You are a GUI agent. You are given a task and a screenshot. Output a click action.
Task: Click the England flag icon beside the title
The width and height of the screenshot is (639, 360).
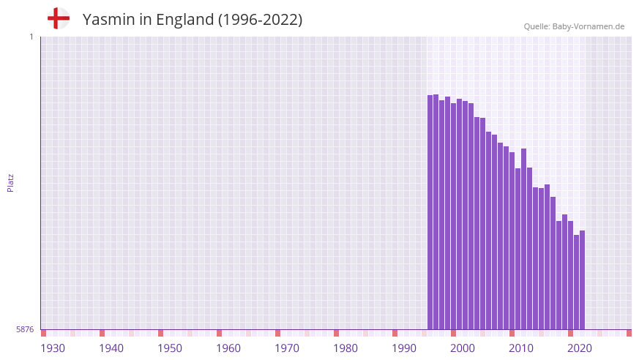(x=59, y=19)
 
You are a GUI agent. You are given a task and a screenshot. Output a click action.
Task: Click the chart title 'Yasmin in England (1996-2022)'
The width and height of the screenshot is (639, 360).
(x=193, y=20)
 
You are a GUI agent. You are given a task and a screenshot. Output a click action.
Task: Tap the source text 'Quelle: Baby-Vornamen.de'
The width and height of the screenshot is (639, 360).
(x=574, y=26)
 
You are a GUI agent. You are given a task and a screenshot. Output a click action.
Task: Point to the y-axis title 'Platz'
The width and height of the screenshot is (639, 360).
(x=10, y=183)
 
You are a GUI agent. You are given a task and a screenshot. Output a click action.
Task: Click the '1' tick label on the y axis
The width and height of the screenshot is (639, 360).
(x=31, y=37)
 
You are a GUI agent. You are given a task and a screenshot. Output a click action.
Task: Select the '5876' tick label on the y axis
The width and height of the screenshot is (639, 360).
(x=25, y=330)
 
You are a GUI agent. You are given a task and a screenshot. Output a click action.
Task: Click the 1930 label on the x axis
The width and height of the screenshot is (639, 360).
(x=53, y=348)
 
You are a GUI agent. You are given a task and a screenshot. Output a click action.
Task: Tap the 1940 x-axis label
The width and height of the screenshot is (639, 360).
(x=111, y=348)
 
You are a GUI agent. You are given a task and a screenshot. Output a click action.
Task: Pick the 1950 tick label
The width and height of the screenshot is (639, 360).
(x=170, y=348)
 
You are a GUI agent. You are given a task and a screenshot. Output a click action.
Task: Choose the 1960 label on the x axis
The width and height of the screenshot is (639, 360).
(x=228, y=348)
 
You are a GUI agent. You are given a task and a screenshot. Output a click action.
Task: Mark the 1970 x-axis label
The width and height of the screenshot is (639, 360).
(x=287, y=348)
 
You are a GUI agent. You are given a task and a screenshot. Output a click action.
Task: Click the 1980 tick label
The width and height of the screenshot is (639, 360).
(x=345, y=348)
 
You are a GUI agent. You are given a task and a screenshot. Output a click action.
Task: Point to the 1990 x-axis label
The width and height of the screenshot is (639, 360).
(x=404, y=348)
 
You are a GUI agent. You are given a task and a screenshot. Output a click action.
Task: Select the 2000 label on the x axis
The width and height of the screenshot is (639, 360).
(x=463, y=348)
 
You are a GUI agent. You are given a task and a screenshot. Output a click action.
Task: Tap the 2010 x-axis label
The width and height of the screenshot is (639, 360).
(x=521, y=348)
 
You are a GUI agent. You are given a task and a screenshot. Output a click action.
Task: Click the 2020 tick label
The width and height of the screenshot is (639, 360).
(x=580, y=348)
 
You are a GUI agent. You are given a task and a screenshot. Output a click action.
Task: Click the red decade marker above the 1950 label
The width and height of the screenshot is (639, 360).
(x=160, y=333)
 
